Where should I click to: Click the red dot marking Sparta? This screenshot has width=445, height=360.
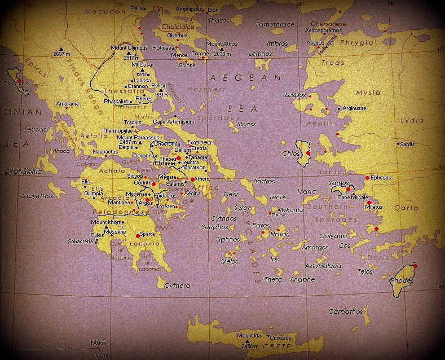[x=138, y=236]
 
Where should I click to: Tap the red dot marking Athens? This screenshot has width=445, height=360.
[x=192, y=179]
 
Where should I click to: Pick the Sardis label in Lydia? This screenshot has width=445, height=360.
[x=406, y=144]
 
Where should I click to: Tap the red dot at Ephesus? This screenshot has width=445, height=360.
[x=367, y=178]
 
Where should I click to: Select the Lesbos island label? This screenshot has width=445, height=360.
[x=295, y=94]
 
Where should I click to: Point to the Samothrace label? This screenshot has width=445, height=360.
[x=275, y=25]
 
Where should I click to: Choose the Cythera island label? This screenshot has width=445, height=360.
[x=177, y=286]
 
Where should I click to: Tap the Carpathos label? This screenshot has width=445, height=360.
[x=345, y=311]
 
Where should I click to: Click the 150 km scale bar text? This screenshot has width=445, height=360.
[x=99, y=343]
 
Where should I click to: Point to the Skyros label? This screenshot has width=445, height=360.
[x=246, y=124]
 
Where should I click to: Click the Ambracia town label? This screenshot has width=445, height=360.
[x=67, y=104]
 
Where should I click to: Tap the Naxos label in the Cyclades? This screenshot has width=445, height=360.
[x=280, y=234]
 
